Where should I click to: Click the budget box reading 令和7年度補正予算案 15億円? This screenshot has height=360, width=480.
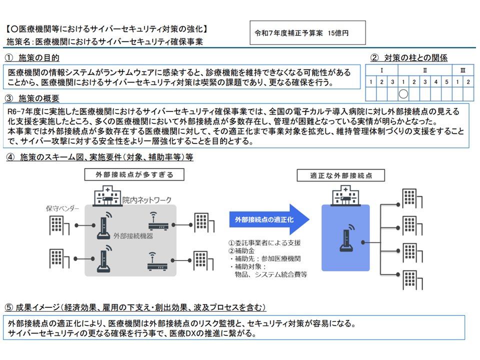(x=307, y=32)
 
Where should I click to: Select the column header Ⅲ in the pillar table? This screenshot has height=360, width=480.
(x=462, y=70)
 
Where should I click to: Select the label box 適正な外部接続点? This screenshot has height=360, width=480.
(x=341, y=175)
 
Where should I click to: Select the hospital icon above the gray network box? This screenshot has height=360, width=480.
(x=105, y=195)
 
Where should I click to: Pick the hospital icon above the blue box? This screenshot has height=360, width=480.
(x=342, y=195)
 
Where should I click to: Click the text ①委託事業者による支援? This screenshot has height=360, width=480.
(x=264, y=242)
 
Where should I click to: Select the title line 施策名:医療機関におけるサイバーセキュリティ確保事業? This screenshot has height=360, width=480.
(x=105, y=42)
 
